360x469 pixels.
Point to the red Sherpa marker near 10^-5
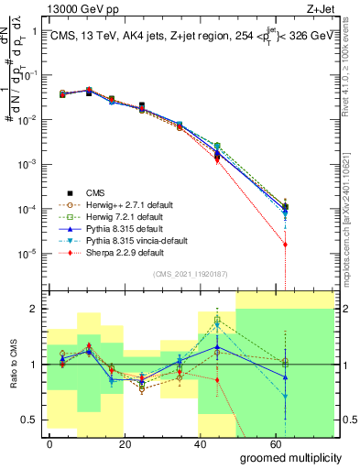tap(286, 245)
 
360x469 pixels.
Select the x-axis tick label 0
tap(49, 443)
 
